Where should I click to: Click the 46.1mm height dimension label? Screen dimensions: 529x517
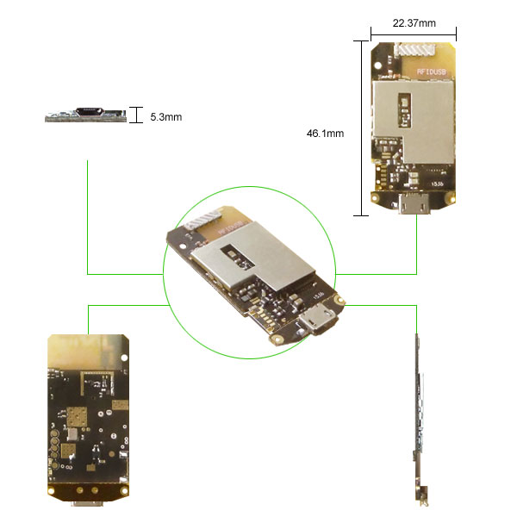[x=325, y=134]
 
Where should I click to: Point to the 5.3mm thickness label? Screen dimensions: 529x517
[x=165, y=115]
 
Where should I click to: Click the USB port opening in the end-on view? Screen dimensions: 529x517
[x=89, y=111]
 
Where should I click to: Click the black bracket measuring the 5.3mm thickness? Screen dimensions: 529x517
[x=136, y=115]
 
